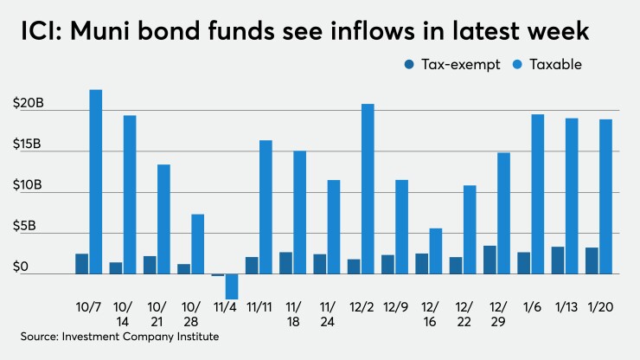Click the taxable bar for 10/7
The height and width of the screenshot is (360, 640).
pos(96,182)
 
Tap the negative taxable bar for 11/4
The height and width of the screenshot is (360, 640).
pos(232,286)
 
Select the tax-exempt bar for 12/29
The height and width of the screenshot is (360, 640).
pos(490,260)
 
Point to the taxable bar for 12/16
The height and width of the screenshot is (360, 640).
pos(436,251)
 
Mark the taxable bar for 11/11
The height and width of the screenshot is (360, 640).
pos(266,207)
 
